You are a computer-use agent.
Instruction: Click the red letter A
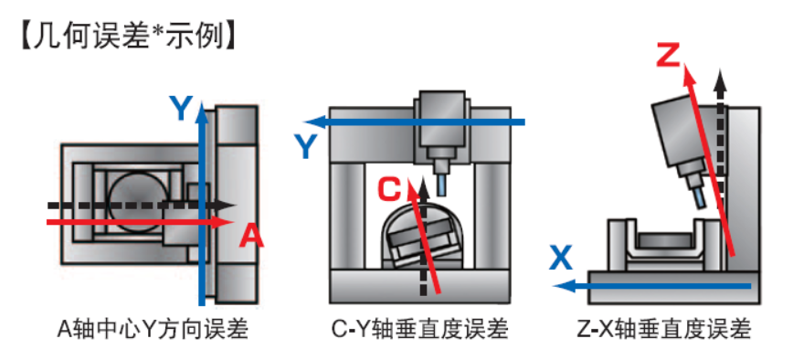(x=251, y=236)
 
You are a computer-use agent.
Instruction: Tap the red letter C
(x=390, y=191)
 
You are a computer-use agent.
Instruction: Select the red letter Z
(x=669, y=55)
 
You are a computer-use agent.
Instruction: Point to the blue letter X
(x=561, y=259)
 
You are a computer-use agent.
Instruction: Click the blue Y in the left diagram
(x=181, y=108)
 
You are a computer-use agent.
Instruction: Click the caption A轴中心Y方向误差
(x=153, y=330)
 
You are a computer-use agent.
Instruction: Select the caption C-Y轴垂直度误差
(x=419, y=330)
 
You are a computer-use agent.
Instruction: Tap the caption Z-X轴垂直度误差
(x=664, y=330)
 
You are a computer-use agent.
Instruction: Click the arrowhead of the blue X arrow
(x=564, y=286)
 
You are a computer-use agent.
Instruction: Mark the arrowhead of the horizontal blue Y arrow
(x=313, y=122)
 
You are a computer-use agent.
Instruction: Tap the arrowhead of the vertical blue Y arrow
(x=202, y=111)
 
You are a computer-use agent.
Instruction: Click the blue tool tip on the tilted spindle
(x=700, y=196)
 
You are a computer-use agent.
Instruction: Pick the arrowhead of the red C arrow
(x=412, y=188)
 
